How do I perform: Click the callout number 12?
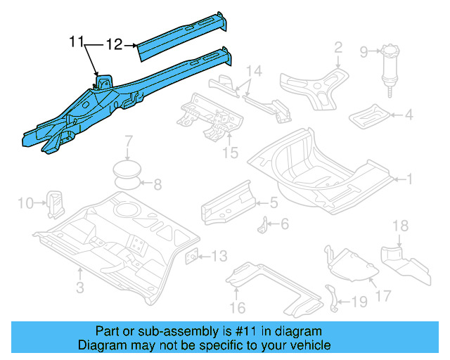click(115, 44)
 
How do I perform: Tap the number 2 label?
click(337, 48)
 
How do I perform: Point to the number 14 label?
click(253, 71)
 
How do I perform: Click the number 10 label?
click(25, 203)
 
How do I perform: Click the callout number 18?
click(399, 226)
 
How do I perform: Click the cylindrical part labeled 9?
click(388, 70)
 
